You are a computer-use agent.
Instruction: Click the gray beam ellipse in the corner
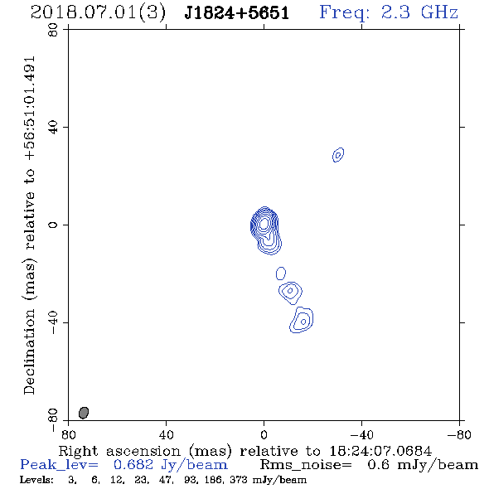pos(84,413)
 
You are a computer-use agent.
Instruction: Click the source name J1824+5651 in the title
pos(237,12)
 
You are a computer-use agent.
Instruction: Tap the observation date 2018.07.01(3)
pos(98,13)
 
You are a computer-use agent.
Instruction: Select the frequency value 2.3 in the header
pos(395,12)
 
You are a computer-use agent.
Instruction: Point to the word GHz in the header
pos(439,12)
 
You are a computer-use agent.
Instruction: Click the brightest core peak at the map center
pos(264,223)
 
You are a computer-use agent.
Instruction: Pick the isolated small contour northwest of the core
pos(338,155)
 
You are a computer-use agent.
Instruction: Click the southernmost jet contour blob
pos(301,320)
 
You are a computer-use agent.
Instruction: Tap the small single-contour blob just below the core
pos(281,274)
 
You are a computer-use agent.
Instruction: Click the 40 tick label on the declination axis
pos(53,128)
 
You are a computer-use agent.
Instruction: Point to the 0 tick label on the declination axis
pos(53,225)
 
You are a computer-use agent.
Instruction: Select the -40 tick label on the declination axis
pos(53,322)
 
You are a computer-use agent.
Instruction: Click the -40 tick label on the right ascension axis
pos(361,434)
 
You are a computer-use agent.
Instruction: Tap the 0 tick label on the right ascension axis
pos(264,434)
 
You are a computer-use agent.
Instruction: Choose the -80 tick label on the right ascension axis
pos(459,434)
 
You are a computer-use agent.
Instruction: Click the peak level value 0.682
pos(133,465)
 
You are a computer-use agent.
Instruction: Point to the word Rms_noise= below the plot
pos(306,465)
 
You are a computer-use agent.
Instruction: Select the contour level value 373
pos(238,479)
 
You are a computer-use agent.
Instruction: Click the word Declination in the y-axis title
pos(29,351)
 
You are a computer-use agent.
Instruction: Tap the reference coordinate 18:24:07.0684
pos(380,451)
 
